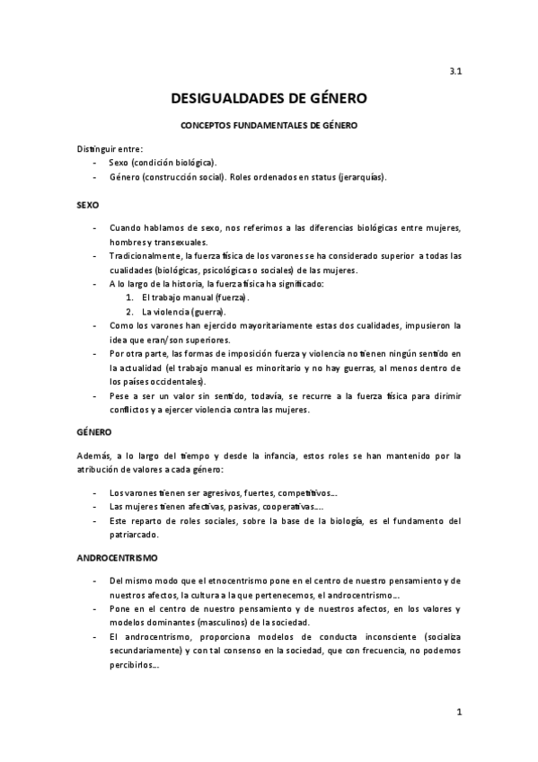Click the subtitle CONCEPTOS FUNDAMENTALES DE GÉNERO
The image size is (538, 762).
[x=269, y=126]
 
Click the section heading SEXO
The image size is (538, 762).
[x=87, y=206]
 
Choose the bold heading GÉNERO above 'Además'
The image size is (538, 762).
[x=93, y=432]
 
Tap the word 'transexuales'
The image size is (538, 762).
[x=180, y=242]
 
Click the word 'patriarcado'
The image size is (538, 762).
[x=137, y=535]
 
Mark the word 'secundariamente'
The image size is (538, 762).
[x=144, y=651]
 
